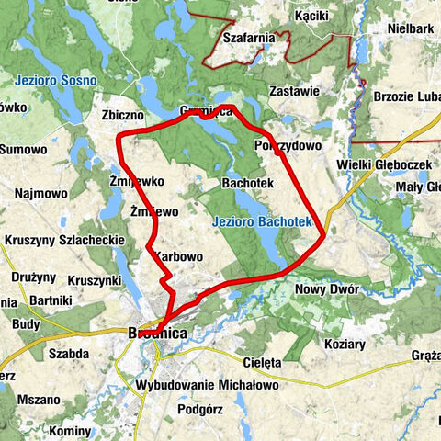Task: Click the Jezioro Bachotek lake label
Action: coord(262,221)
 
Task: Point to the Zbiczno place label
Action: coord(124,117)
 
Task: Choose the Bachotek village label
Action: coord(248,184)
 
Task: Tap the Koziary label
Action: coord(345,345)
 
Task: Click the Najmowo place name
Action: coord(41,194)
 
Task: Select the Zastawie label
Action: coord(295,91)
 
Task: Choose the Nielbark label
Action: coord(410,28)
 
